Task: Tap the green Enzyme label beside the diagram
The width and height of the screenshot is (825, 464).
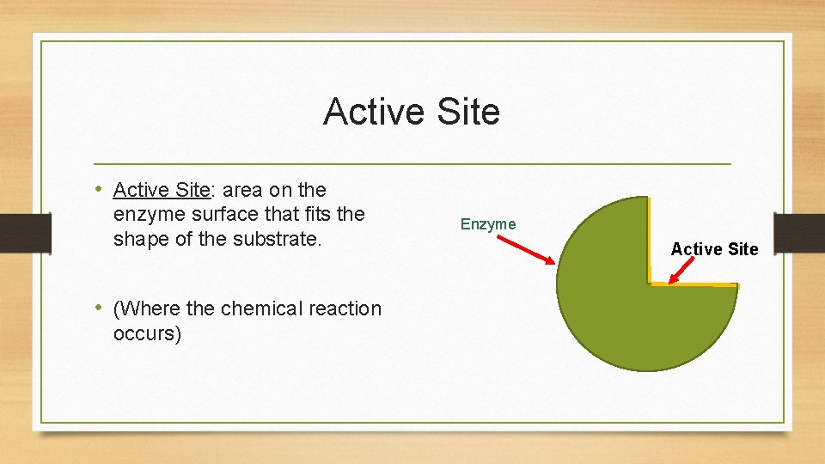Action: point(488,224)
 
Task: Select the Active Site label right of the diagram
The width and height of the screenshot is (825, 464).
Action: point(714,249)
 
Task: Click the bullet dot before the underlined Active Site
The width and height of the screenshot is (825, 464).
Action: point(100,189)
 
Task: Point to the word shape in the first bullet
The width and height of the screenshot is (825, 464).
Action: point(141,239)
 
